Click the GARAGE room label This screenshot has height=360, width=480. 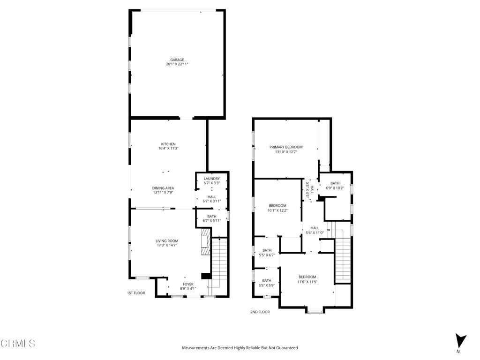tap(177, 60)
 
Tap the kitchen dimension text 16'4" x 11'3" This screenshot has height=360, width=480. tap(168, 149)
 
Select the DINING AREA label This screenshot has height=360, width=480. tap(163, 188)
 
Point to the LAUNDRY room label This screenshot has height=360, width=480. tap(212, 179)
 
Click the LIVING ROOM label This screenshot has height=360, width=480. tap(167, 241)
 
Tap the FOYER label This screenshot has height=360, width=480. tap(188, 284)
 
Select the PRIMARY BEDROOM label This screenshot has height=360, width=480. tap(286, 147)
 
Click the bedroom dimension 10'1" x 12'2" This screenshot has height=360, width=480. tap(277, 210)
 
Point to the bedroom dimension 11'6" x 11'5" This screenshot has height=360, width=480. tap(307, 282)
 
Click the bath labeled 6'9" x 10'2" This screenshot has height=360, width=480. tap(335, 188)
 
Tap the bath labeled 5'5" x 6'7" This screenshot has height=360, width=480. tap(267, 255)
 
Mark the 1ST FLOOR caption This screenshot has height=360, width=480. tap(136, 293)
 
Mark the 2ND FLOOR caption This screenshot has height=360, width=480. tap(260, 312)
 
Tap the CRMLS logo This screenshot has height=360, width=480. tap(18, 344)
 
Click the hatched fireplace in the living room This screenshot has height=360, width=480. tap(205, 241)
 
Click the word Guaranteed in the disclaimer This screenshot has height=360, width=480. tap(285, 348)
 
